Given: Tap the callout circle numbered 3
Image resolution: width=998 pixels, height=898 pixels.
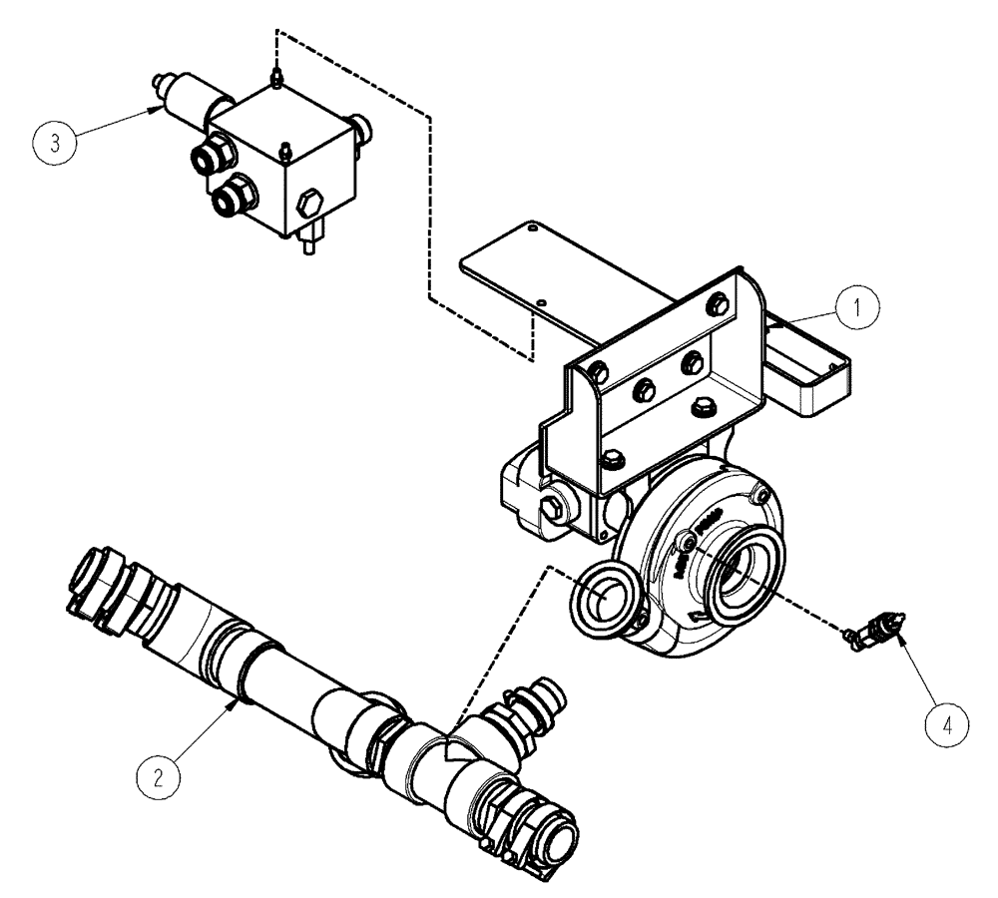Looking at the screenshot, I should tap(57, 141).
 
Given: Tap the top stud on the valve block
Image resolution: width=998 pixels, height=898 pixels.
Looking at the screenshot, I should tap(272, 75).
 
